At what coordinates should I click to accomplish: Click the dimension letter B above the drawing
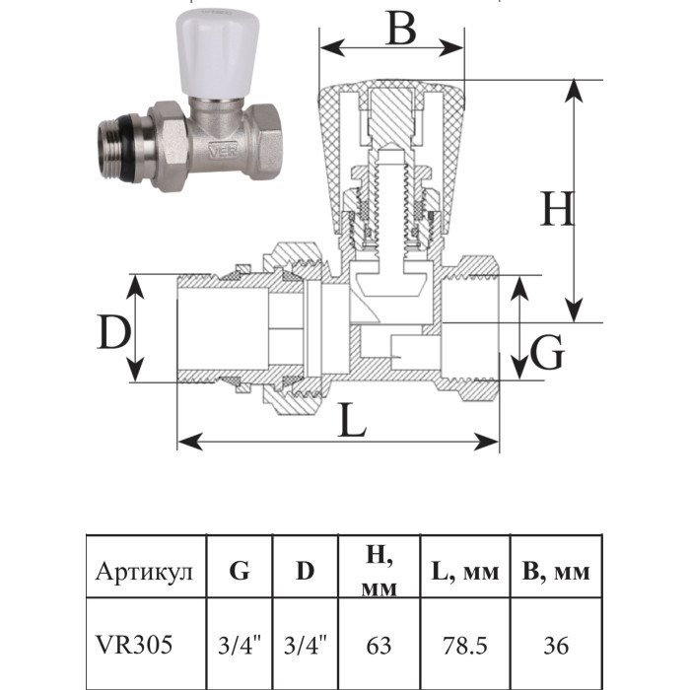[x=398, y=30]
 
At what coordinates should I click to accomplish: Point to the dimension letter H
[x=557, y=210]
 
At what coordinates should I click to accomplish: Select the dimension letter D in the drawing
[x=114, y=335]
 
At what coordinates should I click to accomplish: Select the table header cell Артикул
[x=146, y=573]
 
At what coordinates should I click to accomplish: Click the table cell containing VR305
[x=135, y=645]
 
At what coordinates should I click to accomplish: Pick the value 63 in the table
[x=379, y=646]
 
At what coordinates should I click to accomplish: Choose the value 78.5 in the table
[x=463, y=646]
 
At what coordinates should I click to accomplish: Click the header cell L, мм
[x=464, y=573]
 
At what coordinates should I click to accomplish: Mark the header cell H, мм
[x=379, y=573]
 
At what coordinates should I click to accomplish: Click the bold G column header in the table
[x=240, y=571]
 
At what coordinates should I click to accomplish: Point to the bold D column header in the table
[x=306, y=571]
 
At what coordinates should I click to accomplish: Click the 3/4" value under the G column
[x=240, y=646]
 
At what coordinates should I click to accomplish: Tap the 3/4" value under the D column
[x=306, y=646]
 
